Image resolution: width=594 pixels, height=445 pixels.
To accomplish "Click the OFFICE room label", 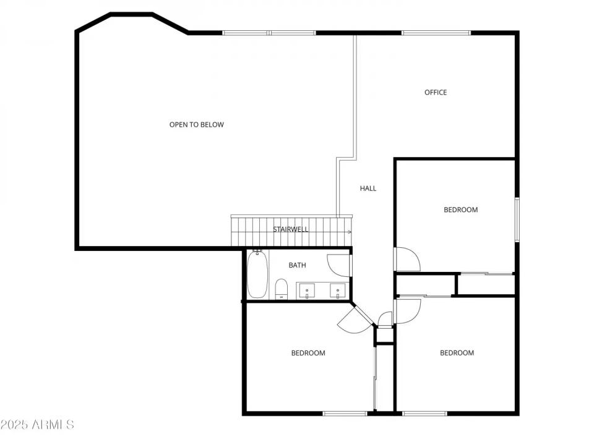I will click(436, 93).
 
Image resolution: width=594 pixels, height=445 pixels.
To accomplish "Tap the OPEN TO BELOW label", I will click(197, 125).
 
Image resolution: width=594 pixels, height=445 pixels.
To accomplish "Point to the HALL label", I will click(368, 189).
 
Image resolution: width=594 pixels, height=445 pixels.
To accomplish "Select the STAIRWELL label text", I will click(291, 229).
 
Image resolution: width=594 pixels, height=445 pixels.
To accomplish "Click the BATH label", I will click(297, 265).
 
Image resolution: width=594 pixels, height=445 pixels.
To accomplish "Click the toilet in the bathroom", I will click(282, 289).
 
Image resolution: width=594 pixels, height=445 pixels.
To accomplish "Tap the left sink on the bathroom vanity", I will click(307, 290).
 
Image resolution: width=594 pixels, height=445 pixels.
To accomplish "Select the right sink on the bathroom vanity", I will click(338, 290).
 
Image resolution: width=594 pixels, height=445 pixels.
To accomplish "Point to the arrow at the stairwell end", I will click(350, 232).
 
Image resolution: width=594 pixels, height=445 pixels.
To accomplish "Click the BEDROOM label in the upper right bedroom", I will click(461, 210).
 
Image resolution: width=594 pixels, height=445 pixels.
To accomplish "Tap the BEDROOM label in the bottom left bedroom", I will click(308, 353).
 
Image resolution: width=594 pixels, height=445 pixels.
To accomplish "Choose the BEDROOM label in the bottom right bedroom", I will click(457, 353).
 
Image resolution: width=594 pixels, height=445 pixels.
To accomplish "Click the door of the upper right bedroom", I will click(407, 259).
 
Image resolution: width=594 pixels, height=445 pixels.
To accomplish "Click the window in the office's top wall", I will click(436, 33).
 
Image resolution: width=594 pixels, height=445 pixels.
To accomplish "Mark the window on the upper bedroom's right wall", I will click(517, 219).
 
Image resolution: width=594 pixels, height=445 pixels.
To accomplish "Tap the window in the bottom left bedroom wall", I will click(345, 413).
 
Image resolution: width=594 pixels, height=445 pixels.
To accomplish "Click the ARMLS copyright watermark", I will click(37, 425).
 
